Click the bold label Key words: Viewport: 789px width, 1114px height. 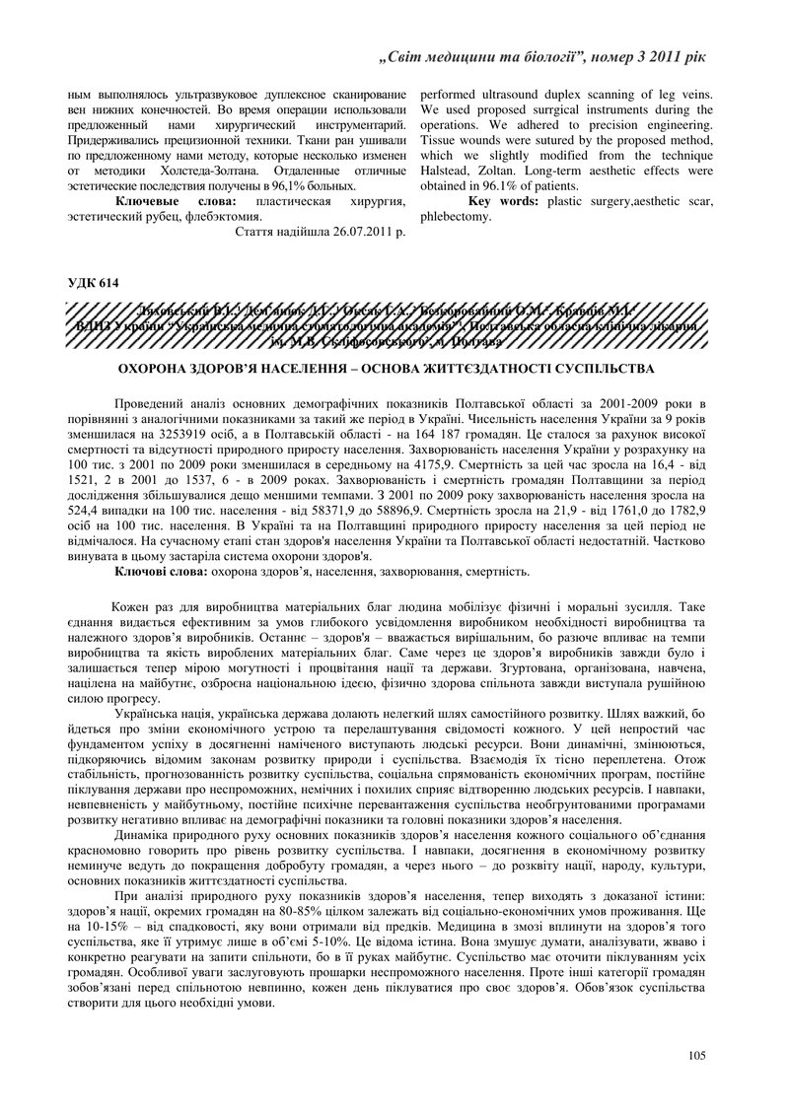(x=502, y=201)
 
